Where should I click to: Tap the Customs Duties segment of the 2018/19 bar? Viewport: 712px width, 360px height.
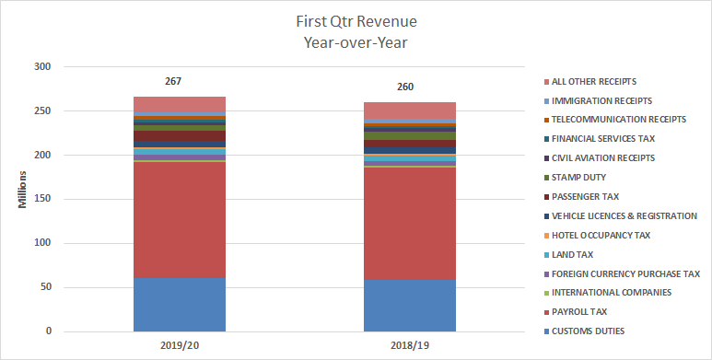410,305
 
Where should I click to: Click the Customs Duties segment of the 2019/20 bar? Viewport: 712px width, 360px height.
180,304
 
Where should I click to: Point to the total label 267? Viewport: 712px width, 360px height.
173,82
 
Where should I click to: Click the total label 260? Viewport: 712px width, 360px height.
405,87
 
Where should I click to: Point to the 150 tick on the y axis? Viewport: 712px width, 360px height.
42,200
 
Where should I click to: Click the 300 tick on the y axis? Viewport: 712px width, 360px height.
42,67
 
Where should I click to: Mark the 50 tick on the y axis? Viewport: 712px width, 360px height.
45,287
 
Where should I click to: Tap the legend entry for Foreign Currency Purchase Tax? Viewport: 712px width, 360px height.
625,273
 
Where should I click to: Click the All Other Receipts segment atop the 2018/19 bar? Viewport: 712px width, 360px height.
410,110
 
